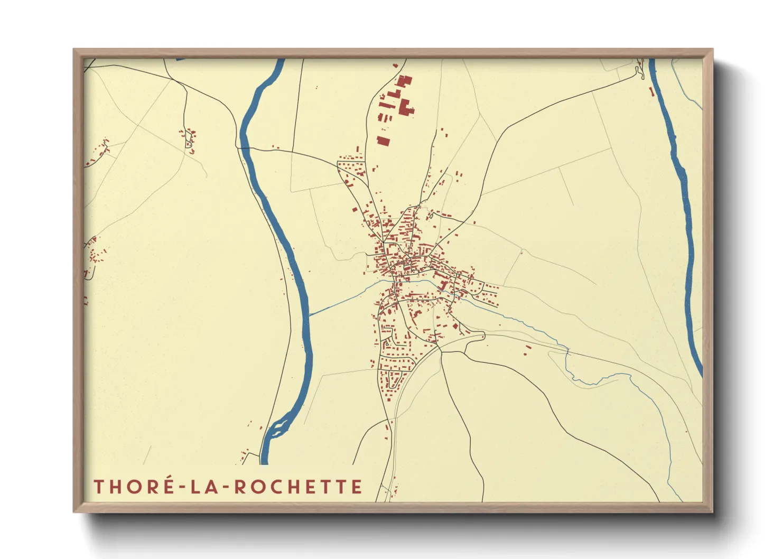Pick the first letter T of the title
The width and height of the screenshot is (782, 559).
pos(98,487)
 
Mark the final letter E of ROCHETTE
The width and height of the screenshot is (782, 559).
pos(357,487)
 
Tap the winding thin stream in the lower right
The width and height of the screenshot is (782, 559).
pos(650,391)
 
